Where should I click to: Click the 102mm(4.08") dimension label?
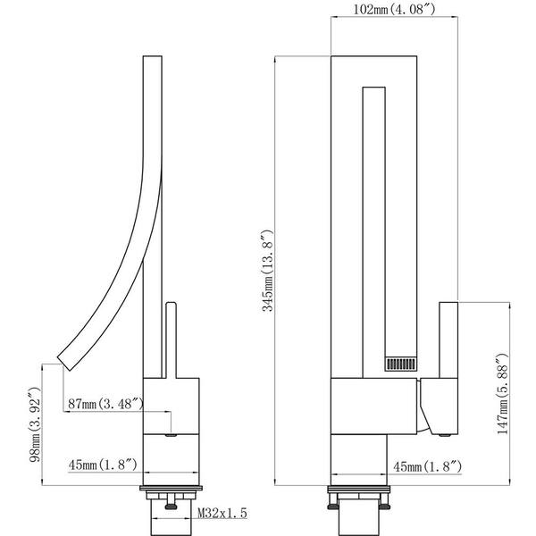395,10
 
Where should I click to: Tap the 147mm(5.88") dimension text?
502,394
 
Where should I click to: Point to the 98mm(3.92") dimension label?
35,424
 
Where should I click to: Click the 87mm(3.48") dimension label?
106,404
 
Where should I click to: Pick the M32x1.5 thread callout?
222,513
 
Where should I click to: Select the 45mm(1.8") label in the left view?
103,465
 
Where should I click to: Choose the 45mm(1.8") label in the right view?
428,466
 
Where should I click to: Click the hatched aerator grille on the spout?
401,364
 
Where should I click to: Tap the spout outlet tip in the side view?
64,363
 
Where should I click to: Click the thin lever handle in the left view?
171,339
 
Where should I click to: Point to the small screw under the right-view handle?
444,435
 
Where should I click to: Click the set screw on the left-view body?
171,435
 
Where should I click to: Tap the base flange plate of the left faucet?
172,488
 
